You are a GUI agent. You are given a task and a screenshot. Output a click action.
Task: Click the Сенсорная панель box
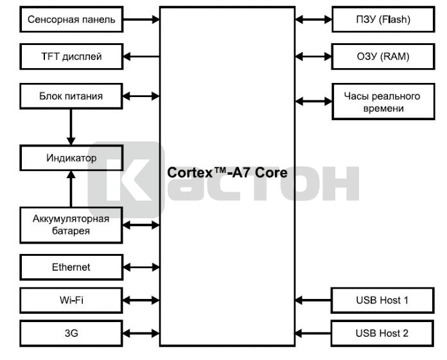click(x=71, y=19)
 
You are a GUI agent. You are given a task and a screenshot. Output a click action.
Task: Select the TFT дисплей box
click(x=71, y=57)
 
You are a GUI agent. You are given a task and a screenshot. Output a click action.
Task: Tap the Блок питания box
click(x=71, y=96)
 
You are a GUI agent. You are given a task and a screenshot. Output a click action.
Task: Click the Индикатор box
click(x=71, y=157)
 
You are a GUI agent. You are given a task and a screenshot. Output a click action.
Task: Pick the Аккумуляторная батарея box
click(x=71, y=224)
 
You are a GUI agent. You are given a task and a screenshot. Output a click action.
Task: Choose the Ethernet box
click(x=71, y=267)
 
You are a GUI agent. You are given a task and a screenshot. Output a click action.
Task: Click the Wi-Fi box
click(x=71, y=300)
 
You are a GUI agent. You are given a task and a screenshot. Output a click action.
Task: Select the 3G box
click(x=71, y=333)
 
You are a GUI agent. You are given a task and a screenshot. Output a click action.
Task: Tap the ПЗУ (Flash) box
click(x=382, y=19)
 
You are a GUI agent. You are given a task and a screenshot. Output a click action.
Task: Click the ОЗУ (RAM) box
click(x=382, y=57)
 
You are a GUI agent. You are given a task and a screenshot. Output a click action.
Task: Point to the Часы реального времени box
click(x=382, y=102)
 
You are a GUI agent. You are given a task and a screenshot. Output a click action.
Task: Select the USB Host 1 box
click(x=382, y=300)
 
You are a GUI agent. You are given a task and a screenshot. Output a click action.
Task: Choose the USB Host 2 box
click(x=382, y=333)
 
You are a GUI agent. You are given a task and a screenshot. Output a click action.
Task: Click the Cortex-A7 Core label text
click(x=227, y=173)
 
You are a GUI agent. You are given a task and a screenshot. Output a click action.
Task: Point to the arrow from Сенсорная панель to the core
click(x=141, y=19)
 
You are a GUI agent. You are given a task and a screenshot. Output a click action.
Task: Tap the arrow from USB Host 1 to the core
click(x=313, y=300)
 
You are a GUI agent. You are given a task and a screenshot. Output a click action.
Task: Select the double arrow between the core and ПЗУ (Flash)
click(x=313, y=19)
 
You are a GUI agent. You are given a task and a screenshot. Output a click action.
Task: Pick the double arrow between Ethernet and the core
click(x=141, y=267)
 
